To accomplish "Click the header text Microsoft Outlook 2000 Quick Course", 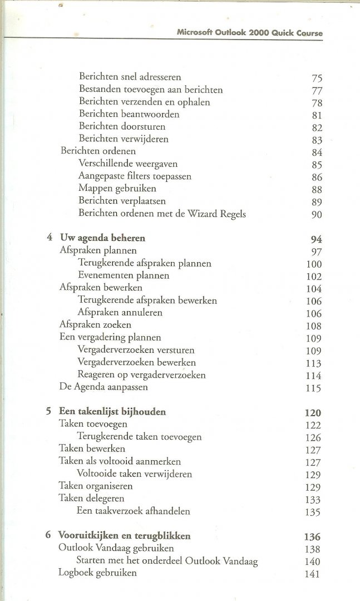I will [x=249, y=32].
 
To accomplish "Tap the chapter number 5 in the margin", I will [x=49, y=412].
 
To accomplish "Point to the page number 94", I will [x=317, y=240].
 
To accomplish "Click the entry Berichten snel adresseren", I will [x=130, y=77].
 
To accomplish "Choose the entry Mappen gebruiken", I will [x=117, y=189].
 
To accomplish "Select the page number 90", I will [x=317, y=215].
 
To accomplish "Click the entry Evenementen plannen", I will [x=124, y=275].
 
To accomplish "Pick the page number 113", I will [x=314, y=364].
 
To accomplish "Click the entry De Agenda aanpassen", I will [x=103, y=387].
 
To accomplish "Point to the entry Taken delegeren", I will [x=91, y=498].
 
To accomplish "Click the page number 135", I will [x=313, y=513].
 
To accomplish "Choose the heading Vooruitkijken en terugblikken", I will [x=125, y=536].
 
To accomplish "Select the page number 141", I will [x=313, y=574].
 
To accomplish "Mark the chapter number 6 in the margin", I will [x=49, y=536].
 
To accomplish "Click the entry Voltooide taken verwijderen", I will [x=135, y=474].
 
